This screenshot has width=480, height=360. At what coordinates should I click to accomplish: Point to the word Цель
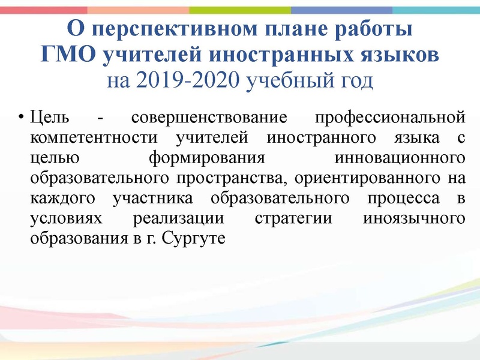48,115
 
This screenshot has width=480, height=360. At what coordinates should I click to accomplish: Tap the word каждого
64,199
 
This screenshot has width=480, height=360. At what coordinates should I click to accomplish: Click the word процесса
389,199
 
